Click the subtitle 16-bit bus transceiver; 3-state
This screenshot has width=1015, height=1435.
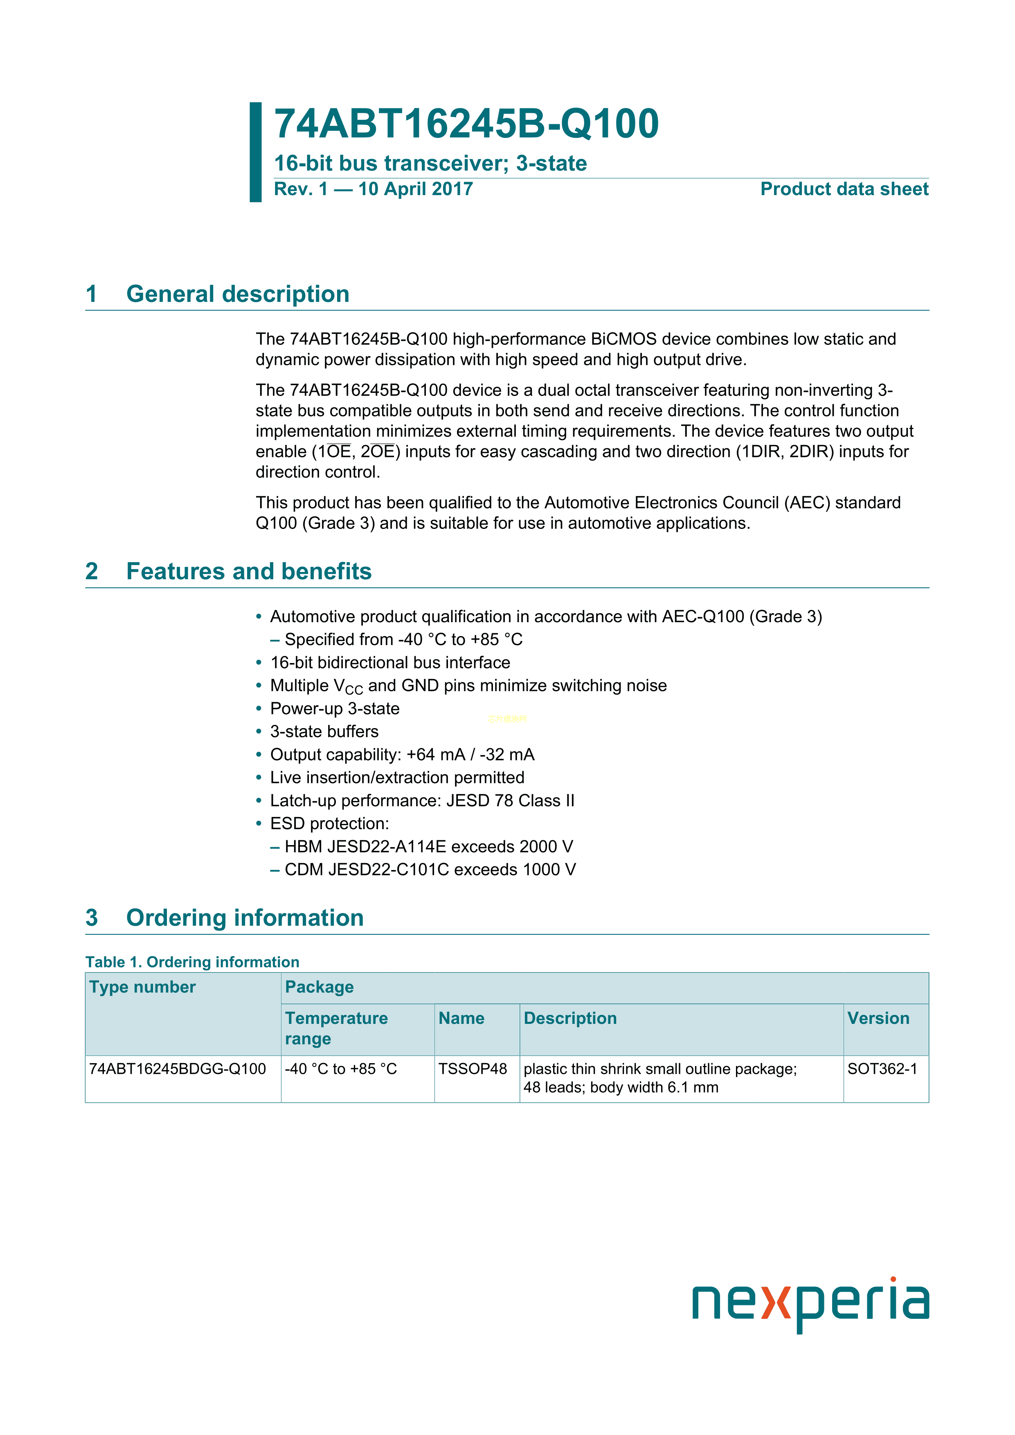coord(430,163)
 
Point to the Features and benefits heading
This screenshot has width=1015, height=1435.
coord(249,571)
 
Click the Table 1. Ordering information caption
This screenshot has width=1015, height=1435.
coord(193,962)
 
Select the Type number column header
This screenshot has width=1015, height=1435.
coord(142,987)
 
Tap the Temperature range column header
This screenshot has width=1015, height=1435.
coord(336,1028)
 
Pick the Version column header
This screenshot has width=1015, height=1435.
coord(878,1018)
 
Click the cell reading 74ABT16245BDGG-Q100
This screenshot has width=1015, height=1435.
coord(178,1069)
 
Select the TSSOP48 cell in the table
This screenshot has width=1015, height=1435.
coord(473,1069)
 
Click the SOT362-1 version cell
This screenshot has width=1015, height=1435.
coord(882,1069)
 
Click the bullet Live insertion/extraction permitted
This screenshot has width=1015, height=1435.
coord(397,778)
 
